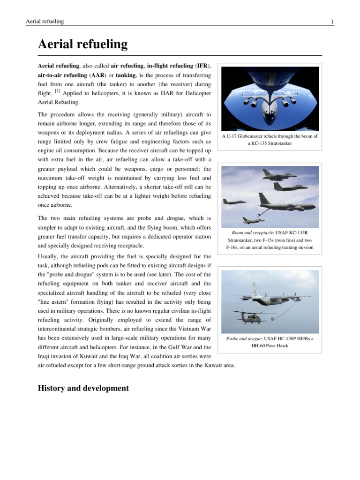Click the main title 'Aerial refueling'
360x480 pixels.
82,45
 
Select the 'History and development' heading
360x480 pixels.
83,388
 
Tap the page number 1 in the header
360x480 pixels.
332,22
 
